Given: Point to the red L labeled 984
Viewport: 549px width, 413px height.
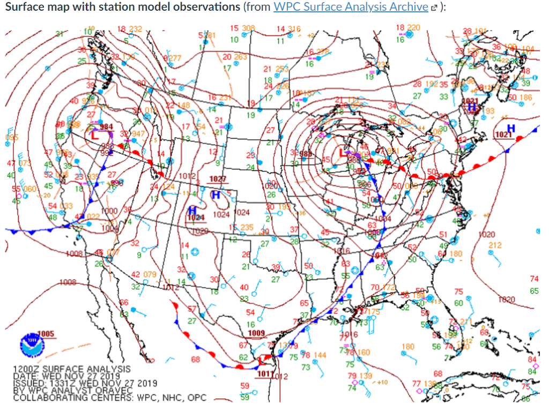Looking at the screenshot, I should pyautogui.click(x=94, y=135).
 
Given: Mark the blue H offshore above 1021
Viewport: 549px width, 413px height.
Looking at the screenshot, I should pyautogui.click(x=511, y=128).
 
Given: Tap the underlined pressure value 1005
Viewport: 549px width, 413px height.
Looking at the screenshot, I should pyautogui.click(x=46, y=334).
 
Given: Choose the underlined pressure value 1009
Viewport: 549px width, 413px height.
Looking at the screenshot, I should pyautogui.click(x=257, y=334).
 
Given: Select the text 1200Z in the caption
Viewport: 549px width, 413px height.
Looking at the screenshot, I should pyautogui.click(x=25, y=370).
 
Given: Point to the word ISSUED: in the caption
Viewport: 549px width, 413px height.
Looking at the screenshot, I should pyautogui.click(x=28, y=384).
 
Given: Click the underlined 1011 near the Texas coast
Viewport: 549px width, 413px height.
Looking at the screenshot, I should pyautogui.click(x=264, y=373).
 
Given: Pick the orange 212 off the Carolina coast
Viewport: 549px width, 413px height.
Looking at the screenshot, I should pyautogui.click(x=494, y=245).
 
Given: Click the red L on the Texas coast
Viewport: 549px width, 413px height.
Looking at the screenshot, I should pyautogui.click(x=261, y=360).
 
